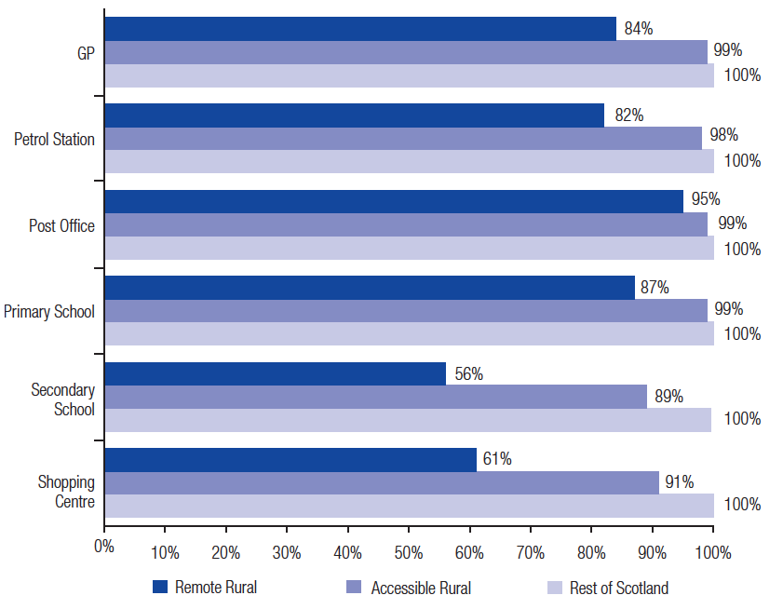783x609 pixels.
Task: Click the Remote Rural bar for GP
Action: coord(360,29)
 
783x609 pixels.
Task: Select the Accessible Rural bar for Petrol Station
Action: coord(403,139)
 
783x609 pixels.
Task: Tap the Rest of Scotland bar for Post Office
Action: coord(410,248)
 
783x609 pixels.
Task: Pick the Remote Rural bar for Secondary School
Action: coord(276,373)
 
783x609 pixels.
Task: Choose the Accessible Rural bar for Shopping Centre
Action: coord(382,482)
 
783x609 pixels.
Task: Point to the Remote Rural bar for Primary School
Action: coord(370,288)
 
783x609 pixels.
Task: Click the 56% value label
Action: coord(469,373)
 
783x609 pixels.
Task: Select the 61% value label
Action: coord(497,459)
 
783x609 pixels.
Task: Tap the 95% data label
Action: coord(706,199)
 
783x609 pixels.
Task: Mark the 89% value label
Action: coord(669,396)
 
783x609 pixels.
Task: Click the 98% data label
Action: coord(724,134)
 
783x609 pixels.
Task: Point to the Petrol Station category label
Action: coord(54,139)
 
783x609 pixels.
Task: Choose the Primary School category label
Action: coord(49,311)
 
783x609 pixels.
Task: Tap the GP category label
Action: coord(86,53)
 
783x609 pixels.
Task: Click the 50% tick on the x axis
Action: coord(409,529)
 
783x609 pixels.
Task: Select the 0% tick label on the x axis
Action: coord(104,546)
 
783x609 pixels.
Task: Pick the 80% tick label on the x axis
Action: coord(591,552)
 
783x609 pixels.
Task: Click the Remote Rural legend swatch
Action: coord(160,587)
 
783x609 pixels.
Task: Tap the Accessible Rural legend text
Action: coord(421,588)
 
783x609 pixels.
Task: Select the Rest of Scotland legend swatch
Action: coord(555,588)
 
